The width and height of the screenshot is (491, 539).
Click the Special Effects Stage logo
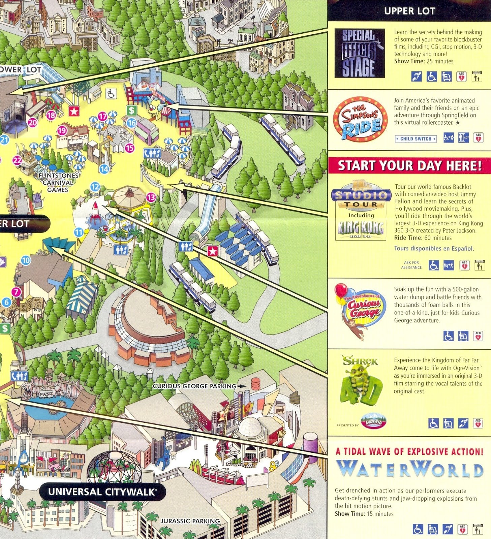tap(360, 53)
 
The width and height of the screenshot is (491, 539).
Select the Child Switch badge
tap(416, 139)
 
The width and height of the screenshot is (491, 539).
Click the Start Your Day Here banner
tap(409, 166)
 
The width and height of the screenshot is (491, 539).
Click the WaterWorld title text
tap(409, 469)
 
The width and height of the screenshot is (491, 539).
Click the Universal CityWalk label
tap(102, 492)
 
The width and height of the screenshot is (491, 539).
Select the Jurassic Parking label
tap(190, 521)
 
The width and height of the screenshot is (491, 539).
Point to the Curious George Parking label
tap(194, 386)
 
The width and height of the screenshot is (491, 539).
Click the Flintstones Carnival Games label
tap(58, 183)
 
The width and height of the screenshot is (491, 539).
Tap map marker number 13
tap(151, 197)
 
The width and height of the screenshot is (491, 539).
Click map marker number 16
tap(131, 123)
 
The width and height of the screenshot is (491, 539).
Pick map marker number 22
tap(17, 160)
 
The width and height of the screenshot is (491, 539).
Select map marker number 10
tap(26, 260)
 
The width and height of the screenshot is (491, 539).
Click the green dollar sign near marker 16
tap(131, 110)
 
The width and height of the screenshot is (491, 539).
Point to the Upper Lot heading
tap(409, 11)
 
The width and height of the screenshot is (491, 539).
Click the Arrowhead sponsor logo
tap(373, 422)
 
